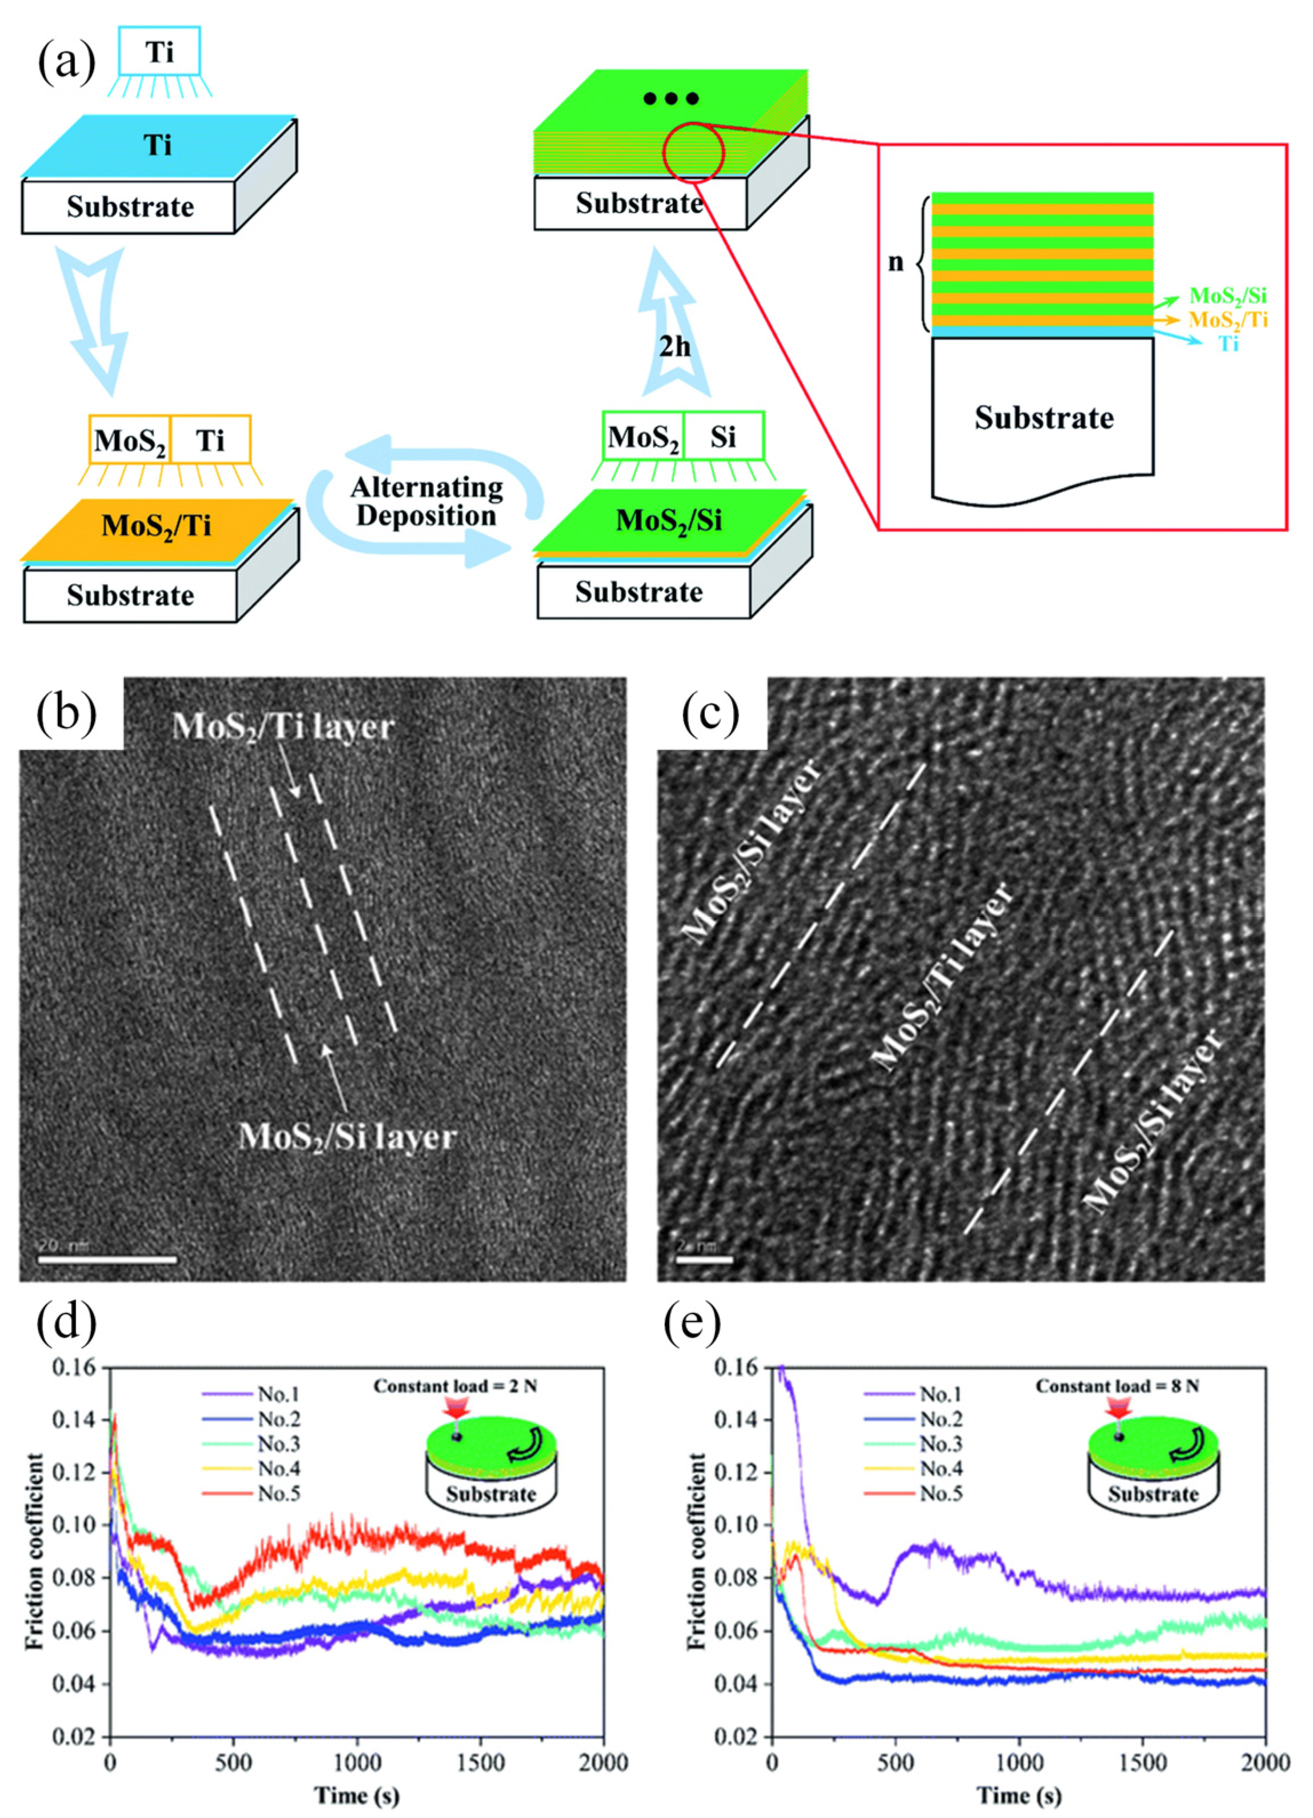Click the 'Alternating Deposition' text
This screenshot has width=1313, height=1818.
426,501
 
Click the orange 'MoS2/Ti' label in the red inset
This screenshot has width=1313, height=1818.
1227,320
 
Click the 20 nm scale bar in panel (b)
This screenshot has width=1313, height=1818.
107,1259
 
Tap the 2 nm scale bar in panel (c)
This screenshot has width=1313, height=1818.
703,1259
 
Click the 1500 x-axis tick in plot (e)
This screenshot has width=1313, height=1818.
1142,1762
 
